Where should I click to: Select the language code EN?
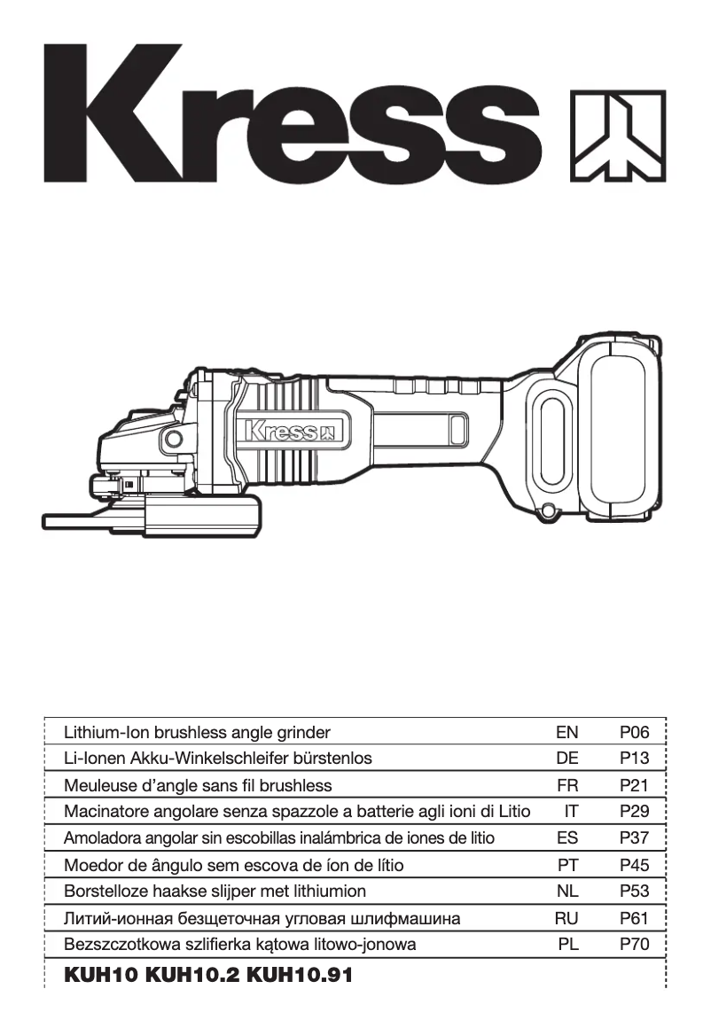point(566,732)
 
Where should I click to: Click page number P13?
point(635,759)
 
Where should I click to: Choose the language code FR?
point(566,785)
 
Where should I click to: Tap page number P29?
point(635,812)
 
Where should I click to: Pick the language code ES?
point(566,838)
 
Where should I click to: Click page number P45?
point(635,865)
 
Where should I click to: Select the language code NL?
point(566,892)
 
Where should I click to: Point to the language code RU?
point(566,919)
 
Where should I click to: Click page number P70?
point(635,945)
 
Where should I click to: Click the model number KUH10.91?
point(300,976)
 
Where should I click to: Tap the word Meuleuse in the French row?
point(99,785)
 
